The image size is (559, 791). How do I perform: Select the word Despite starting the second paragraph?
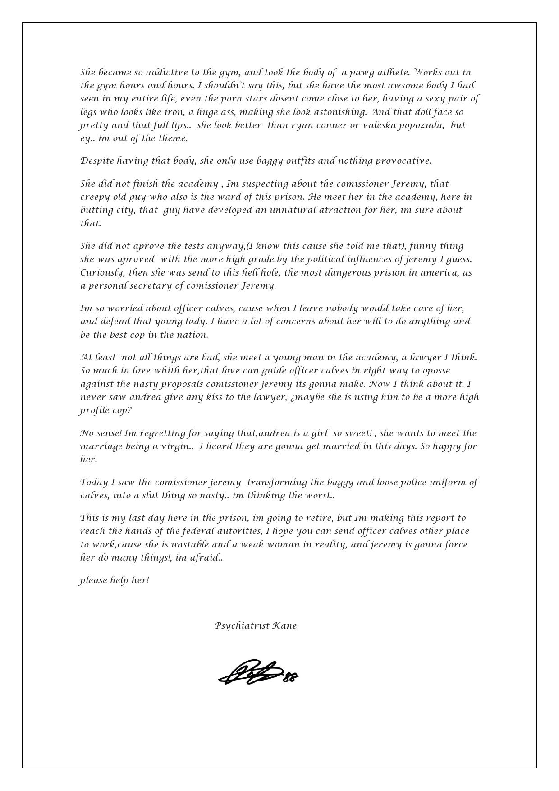(97, 161)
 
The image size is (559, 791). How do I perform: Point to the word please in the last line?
(93, 580)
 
